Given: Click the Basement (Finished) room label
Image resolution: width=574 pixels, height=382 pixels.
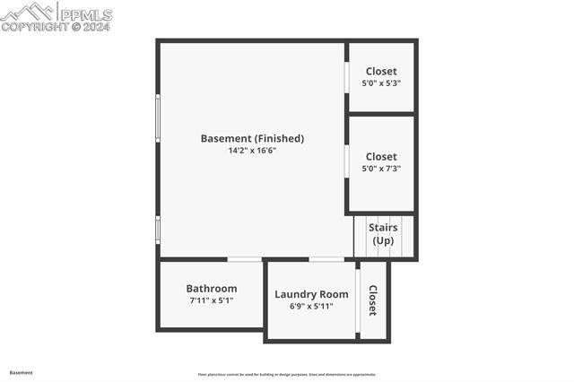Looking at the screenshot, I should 252,138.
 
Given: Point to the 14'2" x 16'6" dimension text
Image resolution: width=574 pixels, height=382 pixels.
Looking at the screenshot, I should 252,151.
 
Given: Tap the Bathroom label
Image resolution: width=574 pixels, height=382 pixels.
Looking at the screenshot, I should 212,288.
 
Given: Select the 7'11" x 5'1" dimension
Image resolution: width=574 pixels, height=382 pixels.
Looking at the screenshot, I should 212,300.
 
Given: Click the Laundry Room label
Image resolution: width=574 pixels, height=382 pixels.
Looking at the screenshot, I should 311,294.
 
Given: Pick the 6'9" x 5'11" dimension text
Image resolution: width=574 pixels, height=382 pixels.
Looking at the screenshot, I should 311,307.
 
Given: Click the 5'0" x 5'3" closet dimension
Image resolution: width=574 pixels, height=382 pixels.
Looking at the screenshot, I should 381,83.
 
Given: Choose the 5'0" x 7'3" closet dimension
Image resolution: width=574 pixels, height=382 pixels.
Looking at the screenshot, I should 381,169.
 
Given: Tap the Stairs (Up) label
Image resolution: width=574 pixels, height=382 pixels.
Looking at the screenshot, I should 383,235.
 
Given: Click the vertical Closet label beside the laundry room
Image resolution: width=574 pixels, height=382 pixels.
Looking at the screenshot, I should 373,300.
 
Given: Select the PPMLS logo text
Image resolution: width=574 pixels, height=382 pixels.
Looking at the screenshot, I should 85,14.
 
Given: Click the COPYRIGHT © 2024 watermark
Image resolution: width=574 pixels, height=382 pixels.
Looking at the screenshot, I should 56,27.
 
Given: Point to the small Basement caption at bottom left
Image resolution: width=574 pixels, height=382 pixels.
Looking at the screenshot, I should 22,372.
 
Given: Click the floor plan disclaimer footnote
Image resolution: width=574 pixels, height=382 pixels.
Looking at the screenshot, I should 287,375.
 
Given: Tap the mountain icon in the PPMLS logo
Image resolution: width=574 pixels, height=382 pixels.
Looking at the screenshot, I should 27,12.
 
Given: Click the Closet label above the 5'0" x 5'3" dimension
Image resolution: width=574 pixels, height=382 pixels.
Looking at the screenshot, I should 381,71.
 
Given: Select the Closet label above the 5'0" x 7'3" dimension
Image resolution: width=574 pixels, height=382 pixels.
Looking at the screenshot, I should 381,156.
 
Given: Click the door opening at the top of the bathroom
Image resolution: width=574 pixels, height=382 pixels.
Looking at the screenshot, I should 244,260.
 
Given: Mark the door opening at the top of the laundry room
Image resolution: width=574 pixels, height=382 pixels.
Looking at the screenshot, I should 326,260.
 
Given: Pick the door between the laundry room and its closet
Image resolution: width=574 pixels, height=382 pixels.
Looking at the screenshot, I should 358,300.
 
